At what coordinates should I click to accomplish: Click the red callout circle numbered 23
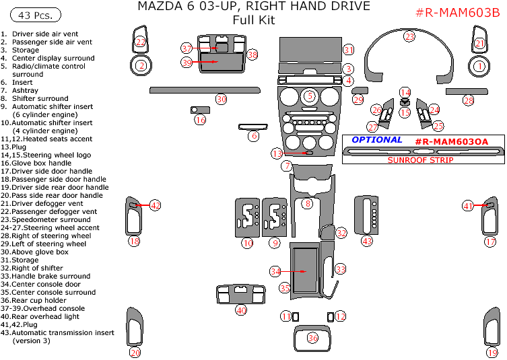[x=409, y=36]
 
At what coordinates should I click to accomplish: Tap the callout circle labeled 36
[x=312, y=338]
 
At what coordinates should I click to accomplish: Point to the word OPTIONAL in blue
[x=377, y=140]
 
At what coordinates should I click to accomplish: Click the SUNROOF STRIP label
[x=419, y=160]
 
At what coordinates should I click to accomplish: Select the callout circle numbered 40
[x=241, y=310]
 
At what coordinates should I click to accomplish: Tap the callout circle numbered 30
[x=221, y=99]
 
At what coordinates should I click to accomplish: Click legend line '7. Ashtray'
[x=20, y=90]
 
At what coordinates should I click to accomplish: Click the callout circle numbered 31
[x=348, y=50]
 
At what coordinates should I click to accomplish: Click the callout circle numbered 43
[x=366, y=241]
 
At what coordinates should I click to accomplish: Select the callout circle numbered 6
[x=253, y=136]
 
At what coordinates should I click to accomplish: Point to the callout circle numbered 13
[x=277, y=153]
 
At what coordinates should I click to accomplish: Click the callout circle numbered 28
[x=468, y=100]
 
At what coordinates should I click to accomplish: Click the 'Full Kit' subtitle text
[x=253, y=20]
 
